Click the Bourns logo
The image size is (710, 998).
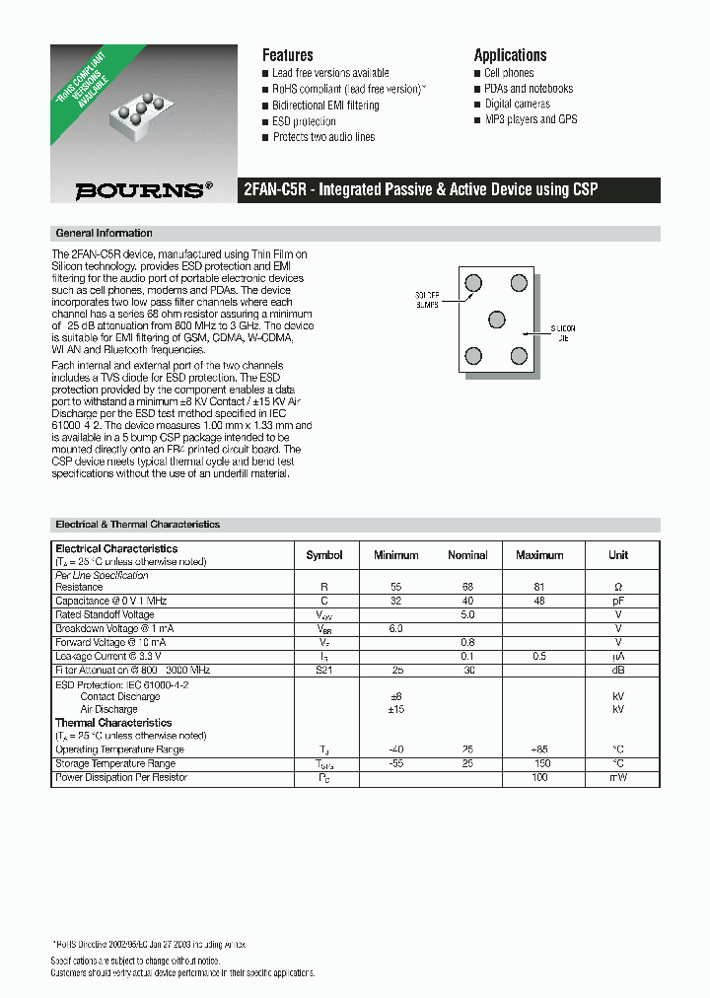tap(144, 190)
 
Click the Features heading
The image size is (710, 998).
tap(287, 55)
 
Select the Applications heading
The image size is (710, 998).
tap(510, 55)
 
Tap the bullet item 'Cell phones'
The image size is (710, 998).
tap(509, 73)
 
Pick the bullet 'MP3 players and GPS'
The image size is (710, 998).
tap(531, 119)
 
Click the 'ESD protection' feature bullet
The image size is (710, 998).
tap(304, 121)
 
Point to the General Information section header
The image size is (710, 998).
tap(105, 234)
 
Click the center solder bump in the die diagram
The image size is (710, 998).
tap(497, 320)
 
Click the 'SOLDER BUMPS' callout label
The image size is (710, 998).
tap(426, 300)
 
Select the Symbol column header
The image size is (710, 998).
tap(324, 555)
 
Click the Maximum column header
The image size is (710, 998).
tap(539, 555)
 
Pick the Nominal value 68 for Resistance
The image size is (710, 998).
tap(467, 587)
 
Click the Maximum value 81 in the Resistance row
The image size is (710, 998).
tap(539, 587)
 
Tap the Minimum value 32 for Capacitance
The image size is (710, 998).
tap(395, 601)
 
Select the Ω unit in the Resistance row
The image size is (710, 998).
tap(618, 587)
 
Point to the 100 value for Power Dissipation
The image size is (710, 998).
tap(539, 778)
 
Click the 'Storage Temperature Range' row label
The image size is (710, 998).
tap(115, 764)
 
